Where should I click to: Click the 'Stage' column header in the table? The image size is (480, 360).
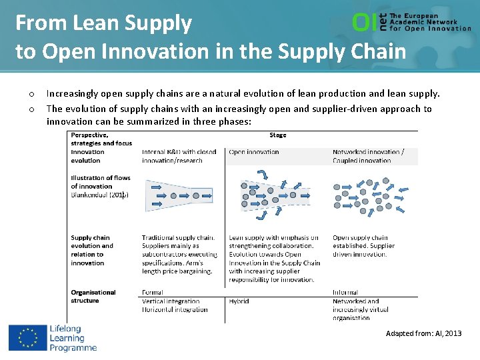(x=277, y=135)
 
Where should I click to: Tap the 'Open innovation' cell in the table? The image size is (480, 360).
(x=254, y=152)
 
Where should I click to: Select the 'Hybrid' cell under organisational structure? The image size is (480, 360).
(x=239, y=301)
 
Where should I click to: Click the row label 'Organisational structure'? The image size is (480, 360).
(x=93, y=297)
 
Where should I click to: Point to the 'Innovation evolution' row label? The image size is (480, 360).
(x=88, y=156)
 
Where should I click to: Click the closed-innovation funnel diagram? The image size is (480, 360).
(x=175, y=195)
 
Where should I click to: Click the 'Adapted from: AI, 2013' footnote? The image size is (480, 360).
(x=423, y=333)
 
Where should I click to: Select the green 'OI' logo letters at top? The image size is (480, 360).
(x=364, y=23)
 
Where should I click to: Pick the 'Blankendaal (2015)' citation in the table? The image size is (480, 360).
(x=100, y=195)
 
